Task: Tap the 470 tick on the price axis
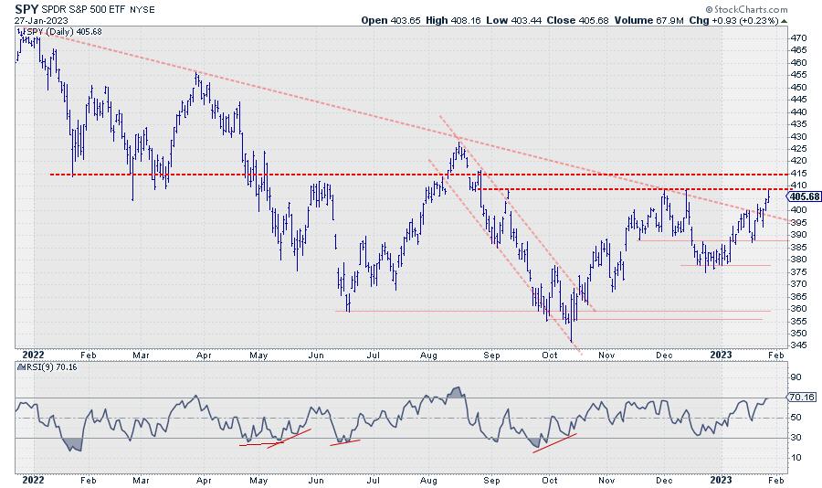pyautogui.click(x=796, y=37)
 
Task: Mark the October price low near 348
pyautogui.click(x=572, y=340)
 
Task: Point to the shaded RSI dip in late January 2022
pyautogui.click(x=73, y=444)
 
